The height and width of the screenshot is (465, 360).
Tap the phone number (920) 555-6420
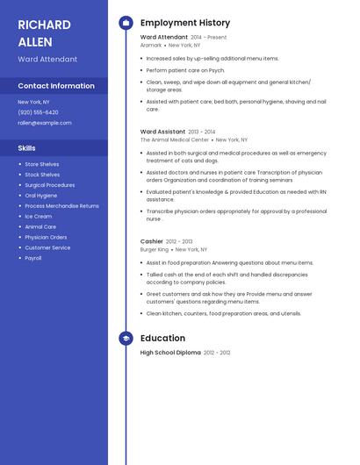tap(38, 112)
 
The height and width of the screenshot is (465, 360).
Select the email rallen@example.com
tap(44, 123)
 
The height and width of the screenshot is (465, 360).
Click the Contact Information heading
tap(56, 86)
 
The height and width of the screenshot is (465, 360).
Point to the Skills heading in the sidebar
tap(27, 148)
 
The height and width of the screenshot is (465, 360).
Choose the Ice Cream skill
tap(38, 216)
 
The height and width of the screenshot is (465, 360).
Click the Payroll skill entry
tap(33, 258)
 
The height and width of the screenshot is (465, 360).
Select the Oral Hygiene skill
tap(40, 195)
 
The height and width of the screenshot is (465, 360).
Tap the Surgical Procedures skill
tap(49, 185)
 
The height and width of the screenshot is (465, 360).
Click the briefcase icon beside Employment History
tap(126, 23)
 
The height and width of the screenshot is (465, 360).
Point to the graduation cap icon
tap(126, 338)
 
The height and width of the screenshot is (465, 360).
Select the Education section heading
tap(162, 338)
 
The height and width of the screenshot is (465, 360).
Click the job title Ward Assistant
tap(162, 132)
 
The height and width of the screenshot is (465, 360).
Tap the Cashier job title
tap(152, 241)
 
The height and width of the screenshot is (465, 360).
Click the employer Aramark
tap(151, 45)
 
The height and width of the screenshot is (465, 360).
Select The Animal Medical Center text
tap(175, 139)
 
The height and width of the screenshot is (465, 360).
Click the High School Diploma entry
tap(170, 353)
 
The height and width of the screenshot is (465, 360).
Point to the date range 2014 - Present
tap(209, 38)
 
